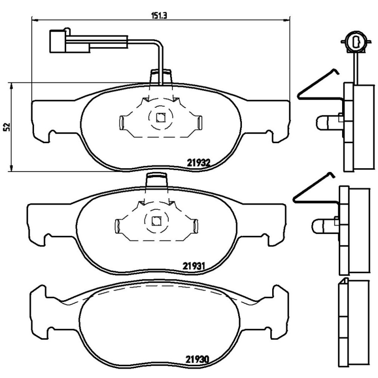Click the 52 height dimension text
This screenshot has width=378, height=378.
tap(6, 127)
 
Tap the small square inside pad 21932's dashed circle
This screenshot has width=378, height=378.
tap(161, 118)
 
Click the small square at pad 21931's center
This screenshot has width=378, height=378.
tap(157, 220)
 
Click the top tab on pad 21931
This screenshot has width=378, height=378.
tap(157, 180)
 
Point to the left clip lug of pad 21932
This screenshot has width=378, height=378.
tap(121, 123)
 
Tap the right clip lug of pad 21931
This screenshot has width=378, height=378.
tap(196, 225)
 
